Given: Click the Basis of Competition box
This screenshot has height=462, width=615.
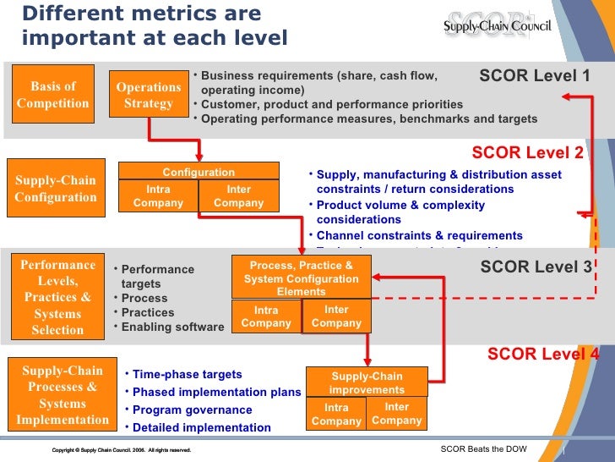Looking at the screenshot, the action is pyautogui.click(x=52, y=95).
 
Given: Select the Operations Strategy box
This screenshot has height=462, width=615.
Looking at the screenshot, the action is pyautogui.click(x=149, y=95).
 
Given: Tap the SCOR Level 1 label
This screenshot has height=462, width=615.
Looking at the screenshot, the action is pyautogui.click(x=534, y=76).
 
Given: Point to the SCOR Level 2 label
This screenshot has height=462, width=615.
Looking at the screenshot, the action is pyautogui.click(x=527, y=152).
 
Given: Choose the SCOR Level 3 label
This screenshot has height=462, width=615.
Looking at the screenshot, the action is pyautogui.click(x=536, y=267).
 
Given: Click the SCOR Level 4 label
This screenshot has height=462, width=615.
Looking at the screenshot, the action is pyautogui.click(x=542, y=355).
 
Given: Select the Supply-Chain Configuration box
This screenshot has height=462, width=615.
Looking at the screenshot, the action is pyautogui.click(x=56, y=189).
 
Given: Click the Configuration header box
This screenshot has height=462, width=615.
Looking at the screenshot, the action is pyautogui.click(x=199, y=172).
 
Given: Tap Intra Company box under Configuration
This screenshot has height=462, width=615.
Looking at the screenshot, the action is pyautogui.click(x=159, y=196).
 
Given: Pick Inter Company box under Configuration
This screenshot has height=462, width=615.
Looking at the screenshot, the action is pyautogui.click(x=239, y=196).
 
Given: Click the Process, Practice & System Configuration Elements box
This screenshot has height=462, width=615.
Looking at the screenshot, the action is pyautogui.click(x=301, y=278).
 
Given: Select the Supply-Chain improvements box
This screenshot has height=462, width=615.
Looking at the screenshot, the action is pyautogui.click(x=366, y=382).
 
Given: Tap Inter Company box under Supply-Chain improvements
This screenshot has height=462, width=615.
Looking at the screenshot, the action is pyautogui.click(x=396, y=414).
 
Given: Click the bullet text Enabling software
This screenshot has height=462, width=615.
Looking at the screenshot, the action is pyautogui.click(x=172, y=327).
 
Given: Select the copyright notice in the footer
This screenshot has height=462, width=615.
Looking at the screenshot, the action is pyautogui.click(x=121, y=450).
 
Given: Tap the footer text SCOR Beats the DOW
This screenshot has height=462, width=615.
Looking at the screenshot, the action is pyautogui.click(x=484, y=448).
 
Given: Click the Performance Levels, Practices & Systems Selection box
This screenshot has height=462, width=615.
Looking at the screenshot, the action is pyautogui.click(x=57, y=297).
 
